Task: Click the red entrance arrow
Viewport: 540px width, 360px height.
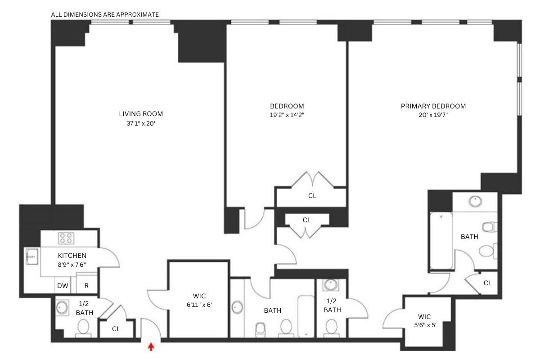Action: pos(151,346)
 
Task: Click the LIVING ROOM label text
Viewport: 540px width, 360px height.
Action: pos(141,113)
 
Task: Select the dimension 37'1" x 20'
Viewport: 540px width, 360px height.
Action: pos(141,122)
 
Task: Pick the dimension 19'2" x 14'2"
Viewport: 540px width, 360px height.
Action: pos(287,115)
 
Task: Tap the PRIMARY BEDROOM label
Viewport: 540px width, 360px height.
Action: pos(433,106)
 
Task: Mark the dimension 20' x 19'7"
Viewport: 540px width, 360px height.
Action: pos(433,115)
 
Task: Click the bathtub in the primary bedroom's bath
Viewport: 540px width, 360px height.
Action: pos(441,241)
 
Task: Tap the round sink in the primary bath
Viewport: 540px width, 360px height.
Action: pos(475,201)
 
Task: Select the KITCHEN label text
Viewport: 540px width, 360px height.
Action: pos(72,256)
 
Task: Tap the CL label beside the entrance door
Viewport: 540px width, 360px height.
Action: pos(116,329)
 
